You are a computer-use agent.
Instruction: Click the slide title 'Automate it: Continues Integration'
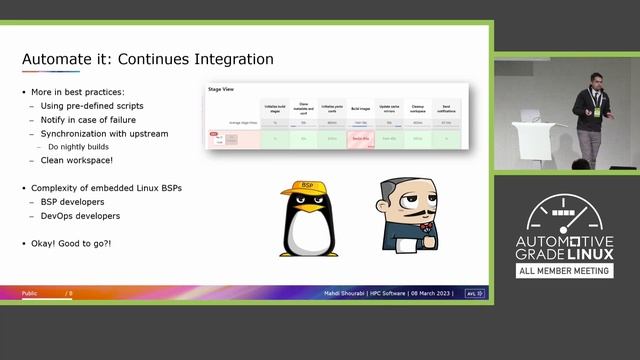point(147,59)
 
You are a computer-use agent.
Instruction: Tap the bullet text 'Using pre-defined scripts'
point(91,105)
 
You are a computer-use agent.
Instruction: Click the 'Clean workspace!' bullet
point(77,160)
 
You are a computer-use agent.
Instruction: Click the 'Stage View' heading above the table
point(222,89)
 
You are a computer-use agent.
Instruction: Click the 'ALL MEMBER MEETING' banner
point(565,270)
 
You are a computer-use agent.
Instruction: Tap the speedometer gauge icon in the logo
point(565,210)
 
